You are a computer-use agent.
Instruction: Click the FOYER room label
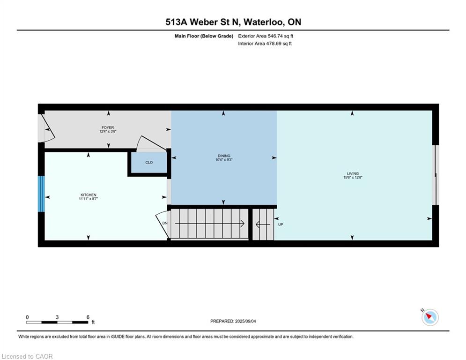[x=108, y=127]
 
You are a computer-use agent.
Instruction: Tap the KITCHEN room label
[x=88, y=195]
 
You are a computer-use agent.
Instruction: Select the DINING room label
[x=224, y=156]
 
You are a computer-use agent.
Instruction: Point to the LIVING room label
[x=353, y=173]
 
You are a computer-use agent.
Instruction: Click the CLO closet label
[x=149, y=163]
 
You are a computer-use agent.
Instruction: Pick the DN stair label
[x=165, y=223]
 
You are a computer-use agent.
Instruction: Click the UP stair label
[x=281, y=225]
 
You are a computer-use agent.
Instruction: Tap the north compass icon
[x=430, y=317]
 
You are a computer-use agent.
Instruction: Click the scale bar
[x=57, y=322]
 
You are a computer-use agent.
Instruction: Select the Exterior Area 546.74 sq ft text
[x=266, y=36]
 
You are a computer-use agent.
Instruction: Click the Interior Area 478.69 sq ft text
[x=265, y=44]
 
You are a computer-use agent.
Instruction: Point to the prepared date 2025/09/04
[x=245, y=321]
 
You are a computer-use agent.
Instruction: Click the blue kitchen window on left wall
[x=41, y=194]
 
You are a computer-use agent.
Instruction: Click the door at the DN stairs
[x=162, y=224]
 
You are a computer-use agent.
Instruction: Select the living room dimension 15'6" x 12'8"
[x=353, y=177]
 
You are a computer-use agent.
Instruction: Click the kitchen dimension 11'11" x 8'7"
[x=88, y=199]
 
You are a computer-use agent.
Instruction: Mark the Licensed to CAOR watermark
[x=27, y=356]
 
